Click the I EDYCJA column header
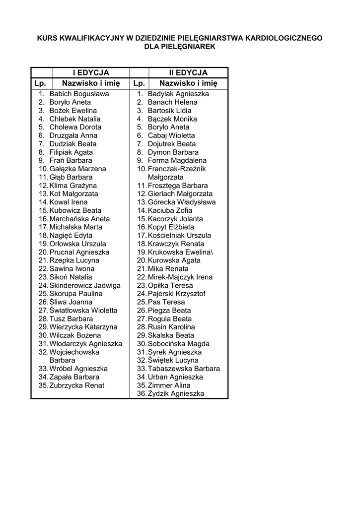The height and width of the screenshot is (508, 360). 91,73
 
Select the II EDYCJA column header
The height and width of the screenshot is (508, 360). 188,73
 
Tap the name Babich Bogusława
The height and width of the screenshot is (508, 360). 79,94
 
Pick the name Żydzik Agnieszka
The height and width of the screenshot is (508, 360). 176,394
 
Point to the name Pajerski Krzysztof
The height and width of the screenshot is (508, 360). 176,294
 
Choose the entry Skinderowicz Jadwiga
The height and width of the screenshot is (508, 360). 85,285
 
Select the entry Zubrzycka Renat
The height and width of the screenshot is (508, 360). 76,385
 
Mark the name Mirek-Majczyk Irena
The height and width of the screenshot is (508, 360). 180,277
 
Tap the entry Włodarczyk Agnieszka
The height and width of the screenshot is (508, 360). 85,344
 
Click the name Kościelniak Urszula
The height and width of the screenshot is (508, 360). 179,235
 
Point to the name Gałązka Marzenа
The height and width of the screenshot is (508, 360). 77,169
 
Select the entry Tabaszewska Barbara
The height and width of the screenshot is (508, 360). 184,369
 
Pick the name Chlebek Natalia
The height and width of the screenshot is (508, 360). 74,119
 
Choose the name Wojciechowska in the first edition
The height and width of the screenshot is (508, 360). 74,352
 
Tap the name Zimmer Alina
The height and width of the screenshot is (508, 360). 169,385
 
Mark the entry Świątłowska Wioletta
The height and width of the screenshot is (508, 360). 83,311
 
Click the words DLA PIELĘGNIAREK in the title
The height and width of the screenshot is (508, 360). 180,47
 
